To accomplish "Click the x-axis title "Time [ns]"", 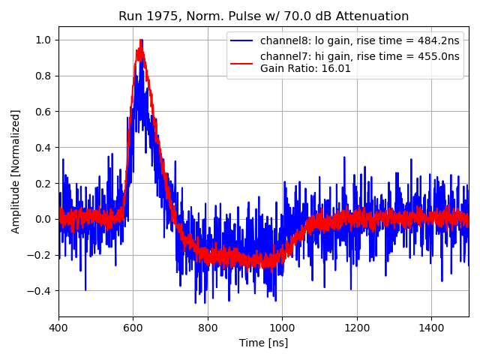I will pyautogui.click(x=263, y=343).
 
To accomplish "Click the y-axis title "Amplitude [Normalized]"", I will pyautogui.click(x=16, y=171).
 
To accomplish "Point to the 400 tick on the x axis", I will pyautogui.click(x=58, y=328).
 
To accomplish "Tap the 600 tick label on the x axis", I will pyautogui.click(x=133, y=328).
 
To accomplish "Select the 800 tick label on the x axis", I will pyautogui.click(x=208, y=328).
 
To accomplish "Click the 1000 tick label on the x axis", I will pyautogui.click(x=282, y=328).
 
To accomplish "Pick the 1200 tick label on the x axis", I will pyautogui.click(x=357, y=328).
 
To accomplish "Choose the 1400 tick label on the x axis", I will pyautogui.click(x=431, y=328).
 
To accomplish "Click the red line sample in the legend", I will pyautogui.click(x=243, y=57).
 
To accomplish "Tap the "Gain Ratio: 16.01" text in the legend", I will pyautogui.click(x=305, y=68).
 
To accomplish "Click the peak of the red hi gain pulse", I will pyautogui.click(x=139, y=49).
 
